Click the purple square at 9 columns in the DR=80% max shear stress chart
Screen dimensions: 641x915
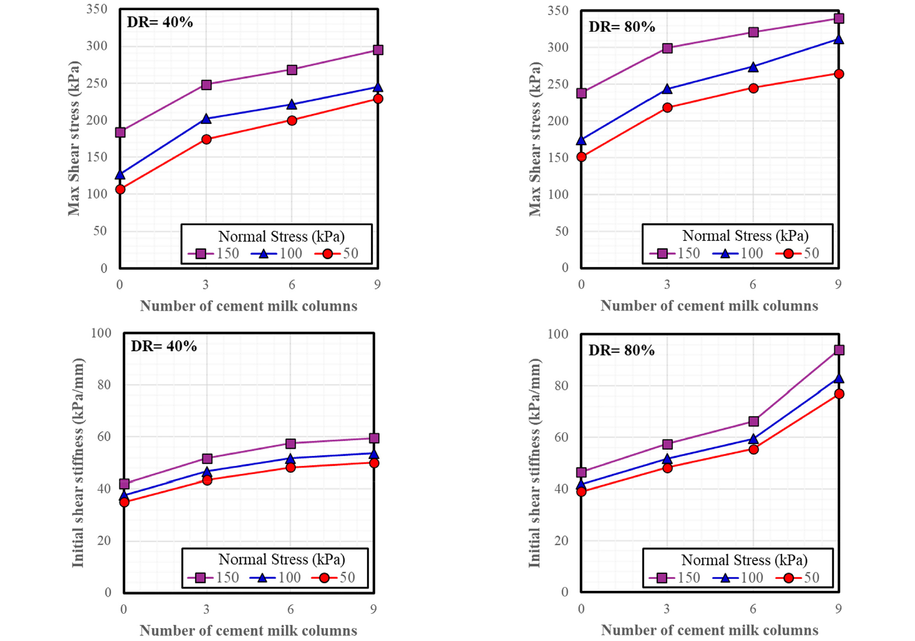[x=838, y=18]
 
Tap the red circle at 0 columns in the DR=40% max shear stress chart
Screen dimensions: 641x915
[x=120, y=189]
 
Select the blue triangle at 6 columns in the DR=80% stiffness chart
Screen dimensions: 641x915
[x=754, y=439]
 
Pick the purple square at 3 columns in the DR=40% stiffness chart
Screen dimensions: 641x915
[x=207, y=458]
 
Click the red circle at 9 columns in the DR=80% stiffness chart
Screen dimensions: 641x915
[x=839, y=394]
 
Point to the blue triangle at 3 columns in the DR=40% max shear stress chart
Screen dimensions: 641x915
[x=206, y=119]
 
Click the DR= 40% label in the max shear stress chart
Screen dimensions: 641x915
[x=160, y=22]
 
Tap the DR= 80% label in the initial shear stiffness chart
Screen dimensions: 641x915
[x=622, y=350]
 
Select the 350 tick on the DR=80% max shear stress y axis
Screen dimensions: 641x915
[x=558, y=10]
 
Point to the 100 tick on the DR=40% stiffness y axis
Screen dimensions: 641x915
[x=101, y=333]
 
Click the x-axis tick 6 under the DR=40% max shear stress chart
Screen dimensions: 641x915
[x=292, y=285]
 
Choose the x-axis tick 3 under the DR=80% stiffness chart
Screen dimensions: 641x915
[x=667, y=609]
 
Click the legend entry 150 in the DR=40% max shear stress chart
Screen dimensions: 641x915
[x=227, y=253]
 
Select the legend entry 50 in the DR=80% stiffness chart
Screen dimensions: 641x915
[x=811, y=578]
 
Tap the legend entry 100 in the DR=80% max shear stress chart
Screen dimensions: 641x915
[x=751, y=253]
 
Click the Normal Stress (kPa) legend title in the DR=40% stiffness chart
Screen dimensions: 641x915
[x=282, y=559]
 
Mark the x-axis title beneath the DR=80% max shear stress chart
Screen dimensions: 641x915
[x=709, y=306]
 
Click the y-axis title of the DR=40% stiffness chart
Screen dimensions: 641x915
[x=78, y=462]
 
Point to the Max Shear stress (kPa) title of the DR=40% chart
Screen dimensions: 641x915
[x=74, y=138]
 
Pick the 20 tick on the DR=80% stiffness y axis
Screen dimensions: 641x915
[x=561, y=541]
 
